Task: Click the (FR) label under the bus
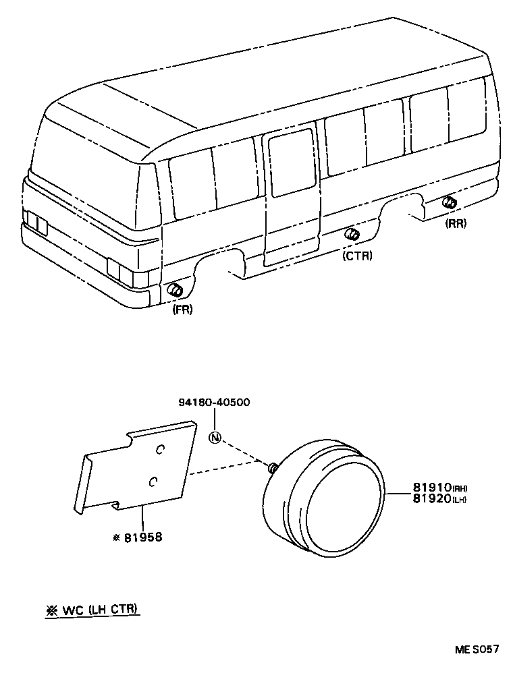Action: point(182,310)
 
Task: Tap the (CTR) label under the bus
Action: point(357,256)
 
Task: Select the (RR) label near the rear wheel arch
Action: point(456,224)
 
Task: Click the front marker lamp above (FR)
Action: point(175,291)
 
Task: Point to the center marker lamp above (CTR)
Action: point(352,235)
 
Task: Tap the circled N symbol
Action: point(215,437)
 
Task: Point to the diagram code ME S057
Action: point(476,650)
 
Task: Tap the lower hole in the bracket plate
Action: point(153,481)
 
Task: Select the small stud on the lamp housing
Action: point(272,467)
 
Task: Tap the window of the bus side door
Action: point(293,165)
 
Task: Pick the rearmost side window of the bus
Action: point(467,110)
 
